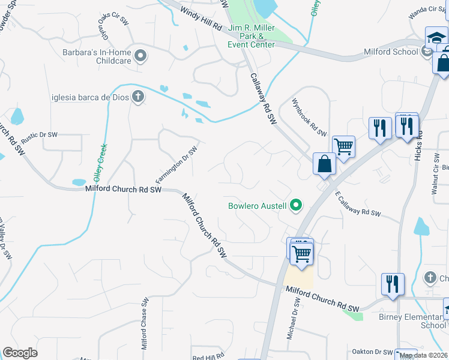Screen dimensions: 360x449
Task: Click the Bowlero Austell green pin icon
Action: (x=295, y=206)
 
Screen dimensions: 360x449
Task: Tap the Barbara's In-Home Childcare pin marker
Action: (x=141, y=56)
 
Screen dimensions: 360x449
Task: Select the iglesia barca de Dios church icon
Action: (x=137, y=97)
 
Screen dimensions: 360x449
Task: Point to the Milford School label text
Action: (x=391, y=52)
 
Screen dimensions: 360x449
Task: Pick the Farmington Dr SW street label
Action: (x=176, y=165)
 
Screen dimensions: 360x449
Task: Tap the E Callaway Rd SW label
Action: (x=358, y=205)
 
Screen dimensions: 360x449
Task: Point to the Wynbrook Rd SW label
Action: (x=309, y=117)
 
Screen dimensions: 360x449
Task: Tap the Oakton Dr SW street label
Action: (x=373, y=352)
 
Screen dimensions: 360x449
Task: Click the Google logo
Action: (x=20, y=353)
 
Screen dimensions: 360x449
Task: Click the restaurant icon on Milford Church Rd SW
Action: (x=393, y=284)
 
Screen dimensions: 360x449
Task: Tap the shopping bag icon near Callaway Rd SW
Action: (x=324, y=164)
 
